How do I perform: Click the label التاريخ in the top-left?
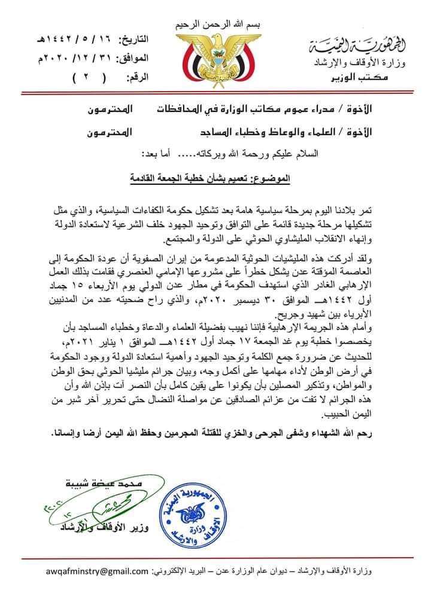(133, 40)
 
